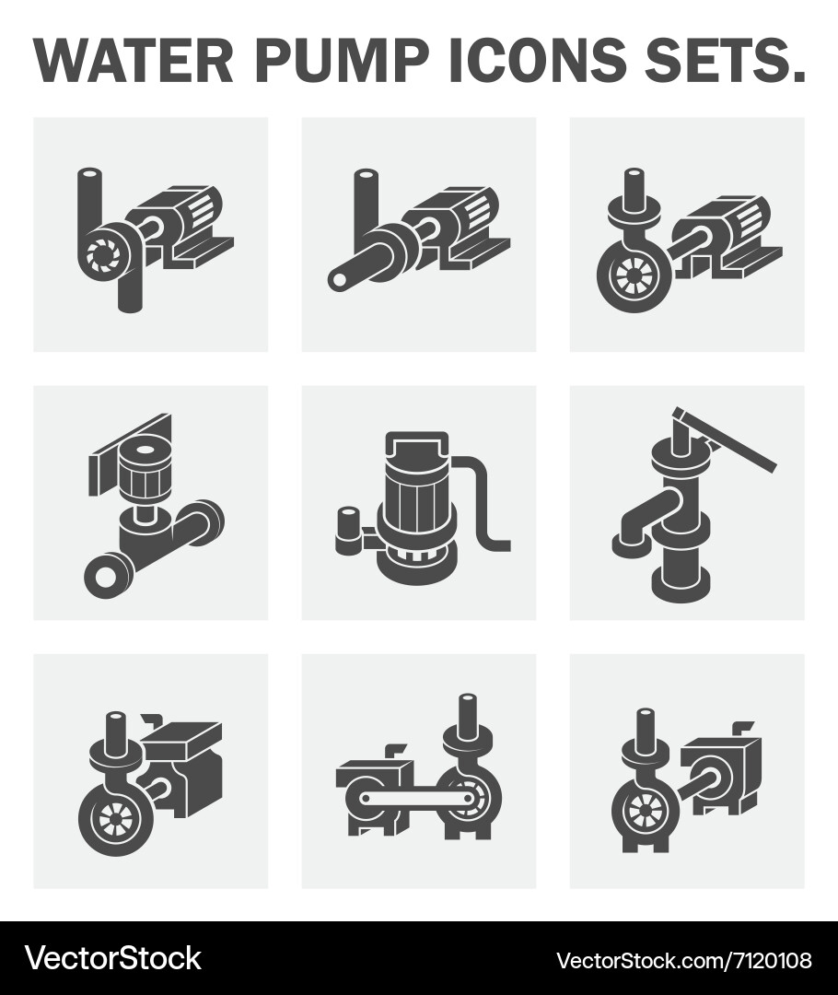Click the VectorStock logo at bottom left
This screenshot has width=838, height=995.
112,958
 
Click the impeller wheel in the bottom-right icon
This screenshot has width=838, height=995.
643,812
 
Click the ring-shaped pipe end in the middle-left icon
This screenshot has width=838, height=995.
100,576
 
